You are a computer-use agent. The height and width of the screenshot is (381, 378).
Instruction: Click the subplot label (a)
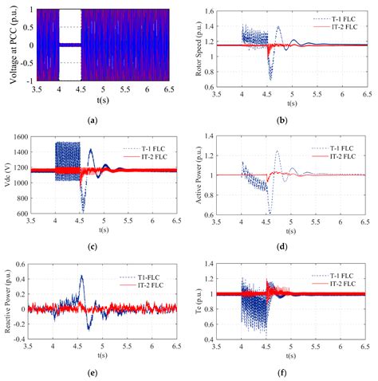(x=95, y=119)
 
